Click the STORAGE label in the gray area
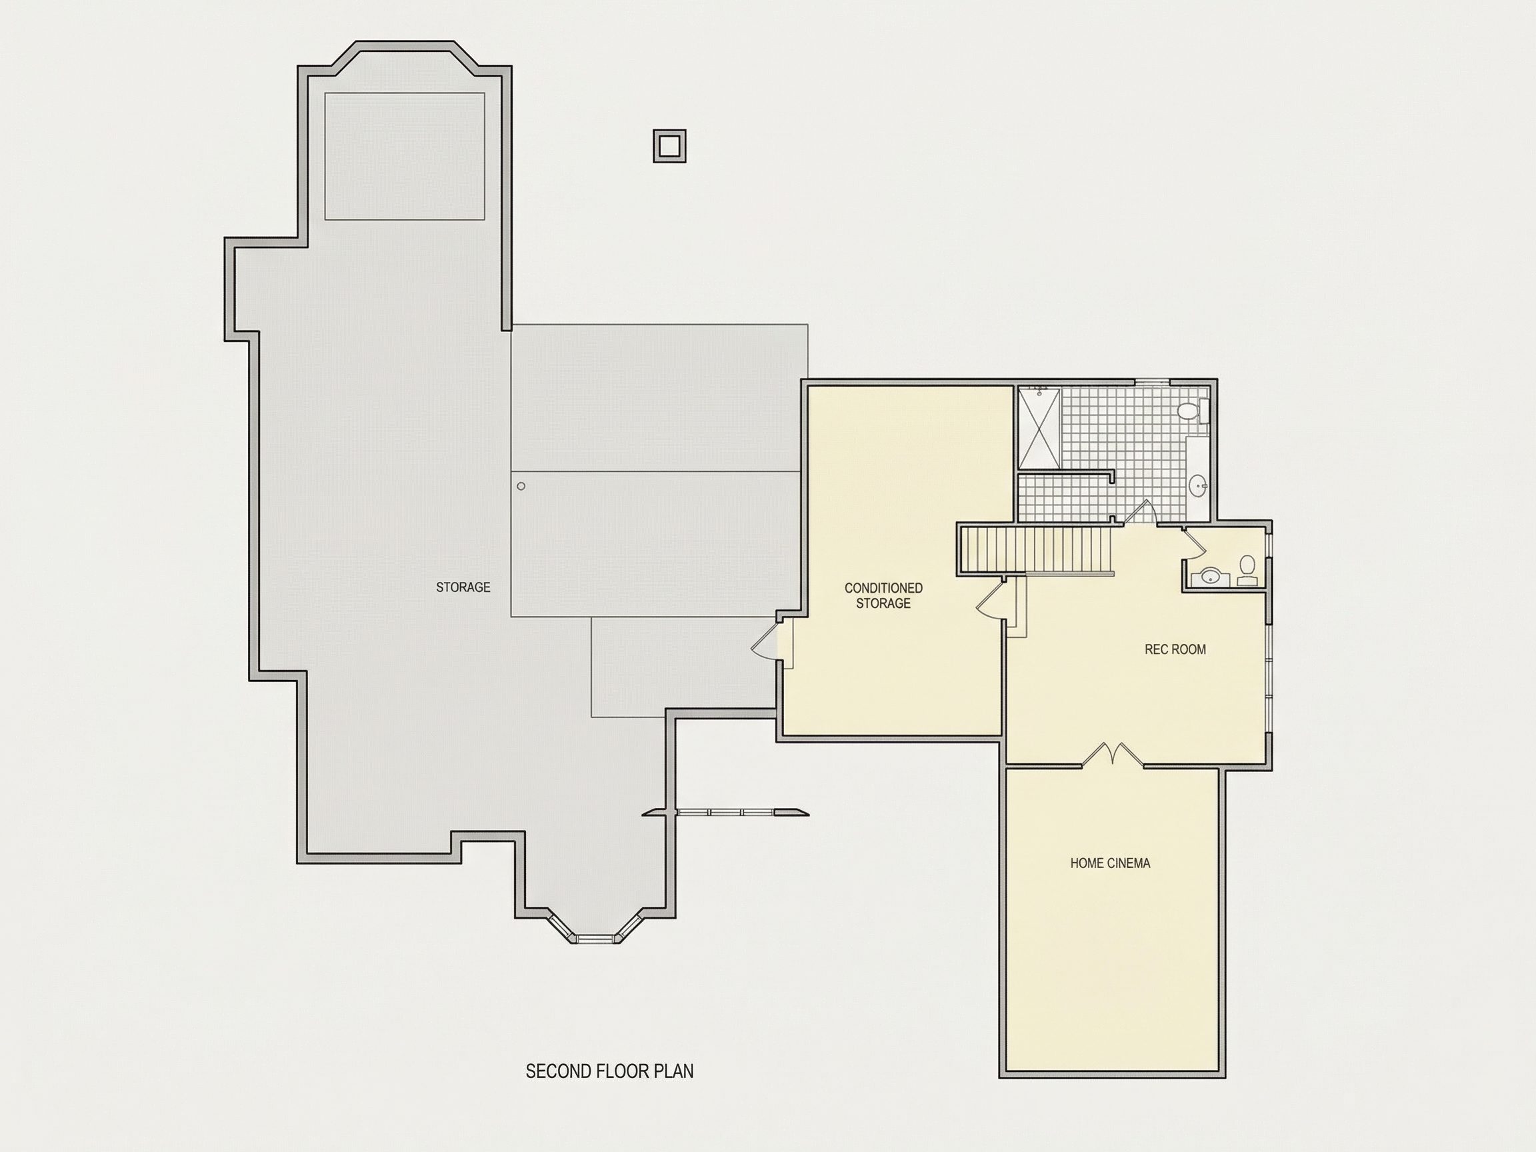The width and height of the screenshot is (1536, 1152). pyautogui.click(x=463, y=587)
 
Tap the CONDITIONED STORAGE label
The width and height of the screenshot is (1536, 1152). pyautogui.click(x=883, y=596)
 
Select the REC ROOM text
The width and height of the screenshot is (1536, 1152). pyautogui.click(x=1175, y=649)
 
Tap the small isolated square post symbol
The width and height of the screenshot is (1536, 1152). pyautogui.click(x=669, y=147)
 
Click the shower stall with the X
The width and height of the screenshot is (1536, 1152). pyautogui.click(x=1039, y=429)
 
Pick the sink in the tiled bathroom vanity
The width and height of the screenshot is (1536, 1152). pyautogui.click(x=1198, y=485)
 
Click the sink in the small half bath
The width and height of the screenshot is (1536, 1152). pyautogui.click(x=1210, y=575)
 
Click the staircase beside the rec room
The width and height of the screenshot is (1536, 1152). pyautogui.click(x=1037, y=550)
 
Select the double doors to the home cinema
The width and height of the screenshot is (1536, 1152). pyautogui.click(x=1113, y=755)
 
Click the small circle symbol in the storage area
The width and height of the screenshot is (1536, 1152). pyautogui.click(x=521, y=486)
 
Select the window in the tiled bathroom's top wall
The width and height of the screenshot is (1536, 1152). pyautogui.click(x=1152, y=381)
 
